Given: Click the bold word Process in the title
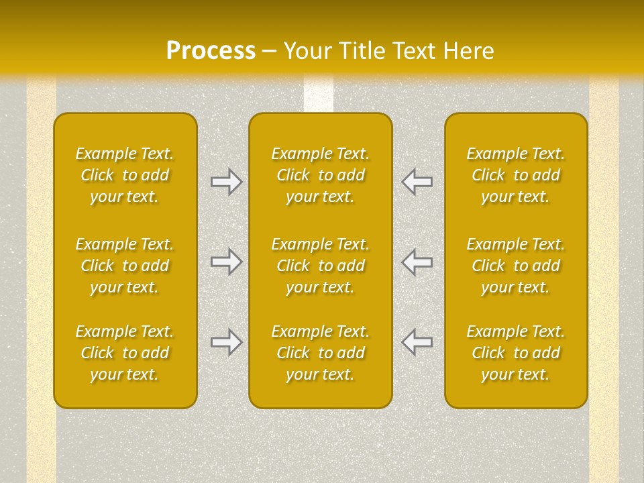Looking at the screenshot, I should click(211, 51).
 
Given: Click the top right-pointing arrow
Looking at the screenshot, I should click(227, 182).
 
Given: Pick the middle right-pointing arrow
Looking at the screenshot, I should click(227, 261).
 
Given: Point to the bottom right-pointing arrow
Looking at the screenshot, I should click(227, 342).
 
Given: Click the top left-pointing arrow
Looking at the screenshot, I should click(417, 182).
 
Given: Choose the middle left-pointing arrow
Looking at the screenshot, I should click(417, 261).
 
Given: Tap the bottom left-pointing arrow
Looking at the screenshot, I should click(417, 342).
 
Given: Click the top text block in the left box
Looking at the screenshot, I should click(125, 175).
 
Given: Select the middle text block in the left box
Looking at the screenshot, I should click(125, 266).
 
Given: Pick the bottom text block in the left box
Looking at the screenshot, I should click(125, 353).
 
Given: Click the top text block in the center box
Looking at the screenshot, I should click(320, 175).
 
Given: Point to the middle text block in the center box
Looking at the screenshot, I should click(320, 266).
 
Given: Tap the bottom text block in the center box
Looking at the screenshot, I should click(320, 353).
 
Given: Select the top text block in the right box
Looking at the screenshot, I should click(515, 175).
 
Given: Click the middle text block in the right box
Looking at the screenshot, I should click(515, 266).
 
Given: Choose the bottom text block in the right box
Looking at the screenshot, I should click(515, 353).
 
